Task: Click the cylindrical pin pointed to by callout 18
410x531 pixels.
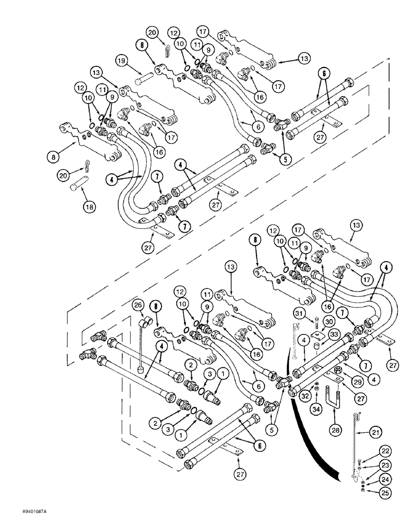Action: pos(79,187)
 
